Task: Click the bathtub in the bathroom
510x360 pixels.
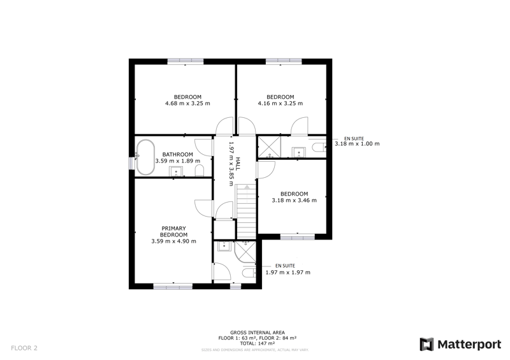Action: click(145, 157)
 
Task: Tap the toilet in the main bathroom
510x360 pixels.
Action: click(200, 170)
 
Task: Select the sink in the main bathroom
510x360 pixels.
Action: click(176, 171)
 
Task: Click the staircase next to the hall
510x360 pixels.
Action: click(247, 212)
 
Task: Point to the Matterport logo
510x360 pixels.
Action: click(460, 345)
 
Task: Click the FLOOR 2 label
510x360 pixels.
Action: click(24, 348)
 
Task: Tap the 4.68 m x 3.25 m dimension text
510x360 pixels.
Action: click(187, 103)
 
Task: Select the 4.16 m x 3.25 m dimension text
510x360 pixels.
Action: click(280, 103)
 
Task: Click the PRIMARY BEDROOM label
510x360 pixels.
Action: click(173, 231)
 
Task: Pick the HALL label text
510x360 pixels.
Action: click(238, 164)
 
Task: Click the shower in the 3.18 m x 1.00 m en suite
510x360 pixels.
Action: click(269, 147)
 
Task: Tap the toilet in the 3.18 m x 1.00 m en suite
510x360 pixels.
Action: click(319, 147)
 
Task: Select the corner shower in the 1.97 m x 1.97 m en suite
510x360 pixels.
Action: click(245, 252)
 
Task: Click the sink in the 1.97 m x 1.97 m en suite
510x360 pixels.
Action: click(224, 246)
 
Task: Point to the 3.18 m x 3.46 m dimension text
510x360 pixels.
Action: click(295, 200)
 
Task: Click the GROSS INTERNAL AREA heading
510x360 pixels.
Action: click(258, 333)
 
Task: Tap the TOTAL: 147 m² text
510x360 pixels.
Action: click(258, 343)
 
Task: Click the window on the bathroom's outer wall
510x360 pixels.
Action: click(132, 163)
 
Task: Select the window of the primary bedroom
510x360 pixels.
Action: click(173, 287)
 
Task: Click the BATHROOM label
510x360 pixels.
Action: click(178, 154)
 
